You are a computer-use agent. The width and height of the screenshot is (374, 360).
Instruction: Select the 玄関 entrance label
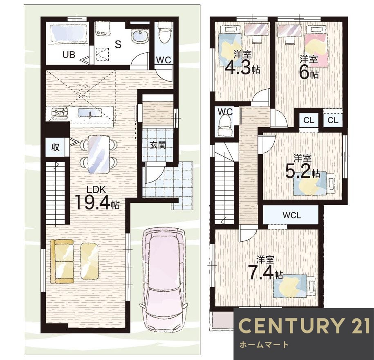pyautogui.click(x=158, y=145)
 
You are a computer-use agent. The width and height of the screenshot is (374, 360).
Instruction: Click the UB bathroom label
pyautogui.click(x=69, y=55)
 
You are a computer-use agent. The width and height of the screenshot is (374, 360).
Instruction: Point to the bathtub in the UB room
pyautogui.click(x=68, y=33)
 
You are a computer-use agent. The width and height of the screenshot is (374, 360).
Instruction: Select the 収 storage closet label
pyautogui.click(x=55, y=147)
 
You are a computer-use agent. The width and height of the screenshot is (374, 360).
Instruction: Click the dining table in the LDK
pyautogui.click(x=99, y=154)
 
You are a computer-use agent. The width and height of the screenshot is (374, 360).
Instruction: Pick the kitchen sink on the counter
pyautogui.click(x=90, y=112)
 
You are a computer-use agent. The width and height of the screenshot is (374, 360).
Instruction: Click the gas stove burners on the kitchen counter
pyautogui.click(x=60, y=112)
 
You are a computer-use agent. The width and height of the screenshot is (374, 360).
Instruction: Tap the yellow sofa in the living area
pyautogui.click(x=62, y=261)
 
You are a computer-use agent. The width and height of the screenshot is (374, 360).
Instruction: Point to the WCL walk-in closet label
pyautogui.click(x=292, y=215)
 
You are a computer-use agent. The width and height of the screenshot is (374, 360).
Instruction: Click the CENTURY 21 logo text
pyautogui.click(x=305, y=326)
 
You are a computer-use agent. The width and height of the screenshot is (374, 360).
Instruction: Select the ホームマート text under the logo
pyautogui.click(x=264, y=344)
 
